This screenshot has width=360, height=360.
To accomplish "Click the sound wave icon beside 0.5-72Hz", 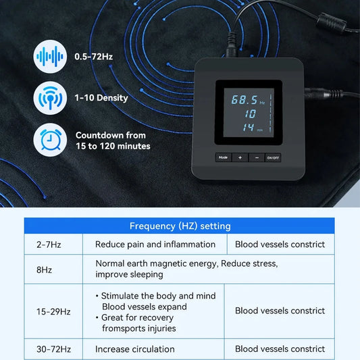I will (x=49, y=57).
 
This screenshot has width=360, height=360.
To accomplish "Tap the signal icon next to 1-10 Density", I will (x=49, y=98).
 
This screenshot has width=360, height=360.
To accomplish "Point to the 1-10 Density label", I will (x=101, y=98).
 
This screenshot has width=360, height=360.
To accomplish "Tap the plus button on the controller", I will (x=239, y=157).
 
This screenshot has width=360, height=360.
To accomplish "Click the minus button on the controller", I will (x=256, y=157).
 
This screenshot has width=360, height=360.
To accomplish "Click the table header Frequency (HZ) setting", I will (x=180, y=226).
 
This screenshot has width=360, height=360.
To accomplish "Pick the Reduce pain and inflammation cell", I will (x=155, y=245).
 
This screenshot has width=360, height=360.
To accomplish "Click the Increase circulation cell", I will (x=135, y=349).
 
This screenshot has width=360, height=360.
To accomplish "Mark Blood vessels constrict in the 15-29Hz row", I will (x=280, y=311).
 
